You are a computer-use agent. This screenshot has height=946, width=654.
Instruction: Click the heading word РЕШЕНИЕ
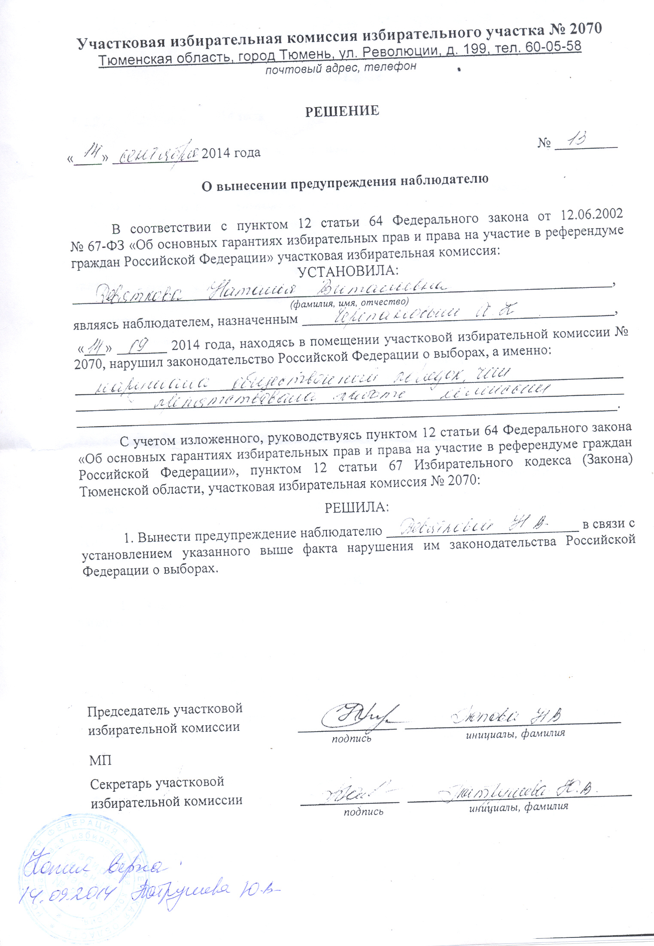pos(342,111)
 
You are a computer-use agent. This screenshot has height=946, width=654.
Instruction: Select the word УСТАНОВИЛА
pos(348,271)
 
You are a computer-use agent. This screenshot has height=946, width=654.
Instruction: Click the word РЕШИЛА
pos(356,507)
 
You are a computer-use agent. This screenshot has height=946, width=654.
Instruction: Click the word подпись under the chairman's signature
pos(351,738)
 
